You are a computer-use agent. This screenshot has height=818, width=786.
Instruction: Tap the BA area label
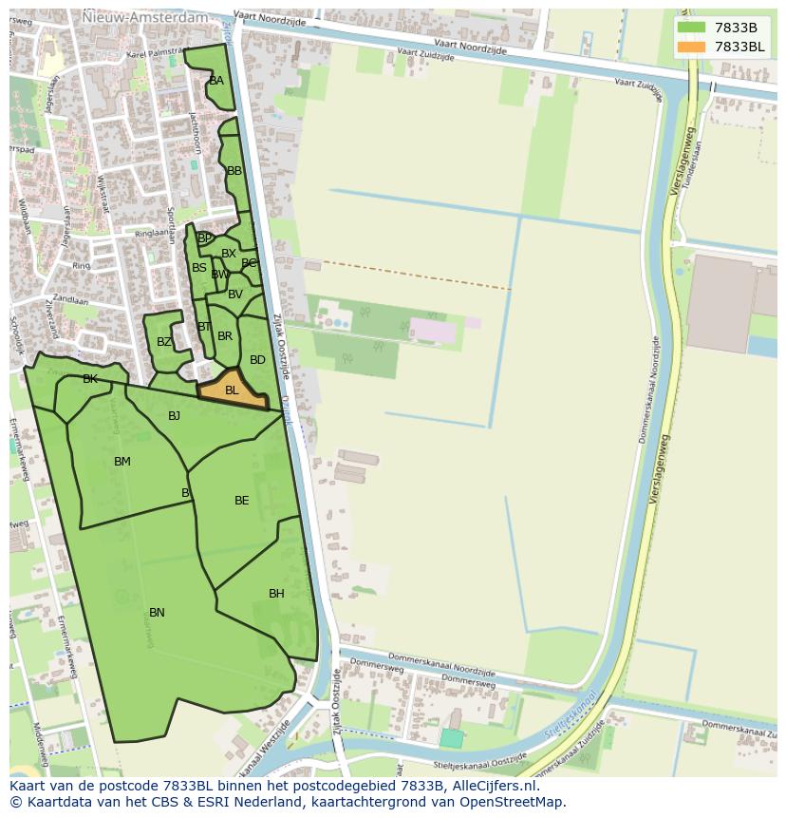coord(216,81)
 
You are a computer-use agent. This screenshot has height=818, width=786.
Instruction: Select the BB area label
coord(234,171)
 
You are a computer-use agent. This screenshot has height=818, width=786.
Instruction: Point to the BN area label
coord(157,613)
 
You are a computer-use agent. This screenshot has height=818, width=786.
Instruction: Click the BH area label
coord(276,594)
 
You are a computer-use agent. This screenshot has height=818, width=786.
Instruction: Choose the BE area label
coord(242,501)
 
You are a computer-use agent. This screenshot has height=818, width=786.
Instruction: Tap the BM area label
coord(122,462)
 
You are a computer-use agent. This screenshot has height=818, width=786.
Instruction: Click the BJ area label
coord(174,416)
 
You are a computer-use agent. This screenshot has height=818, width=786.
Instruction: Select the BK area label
coord(90,379)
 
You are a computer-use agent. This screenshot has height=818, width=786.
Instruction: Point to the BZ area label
coord(164,342)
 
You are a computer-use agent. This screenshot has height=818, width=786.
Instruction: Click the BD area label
coord(257,360)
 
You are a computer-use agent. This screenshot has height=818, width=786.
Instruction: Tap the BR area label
coord(225,336)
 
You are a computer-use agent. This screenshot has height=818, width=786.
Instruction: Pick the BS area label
coord(199,268)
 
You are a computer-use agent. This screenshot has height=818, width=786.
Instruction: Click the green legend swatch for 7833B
coord(692,28)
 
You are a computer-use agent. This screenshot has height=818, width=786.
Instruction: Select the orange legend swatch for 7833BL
coord(692,47)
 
